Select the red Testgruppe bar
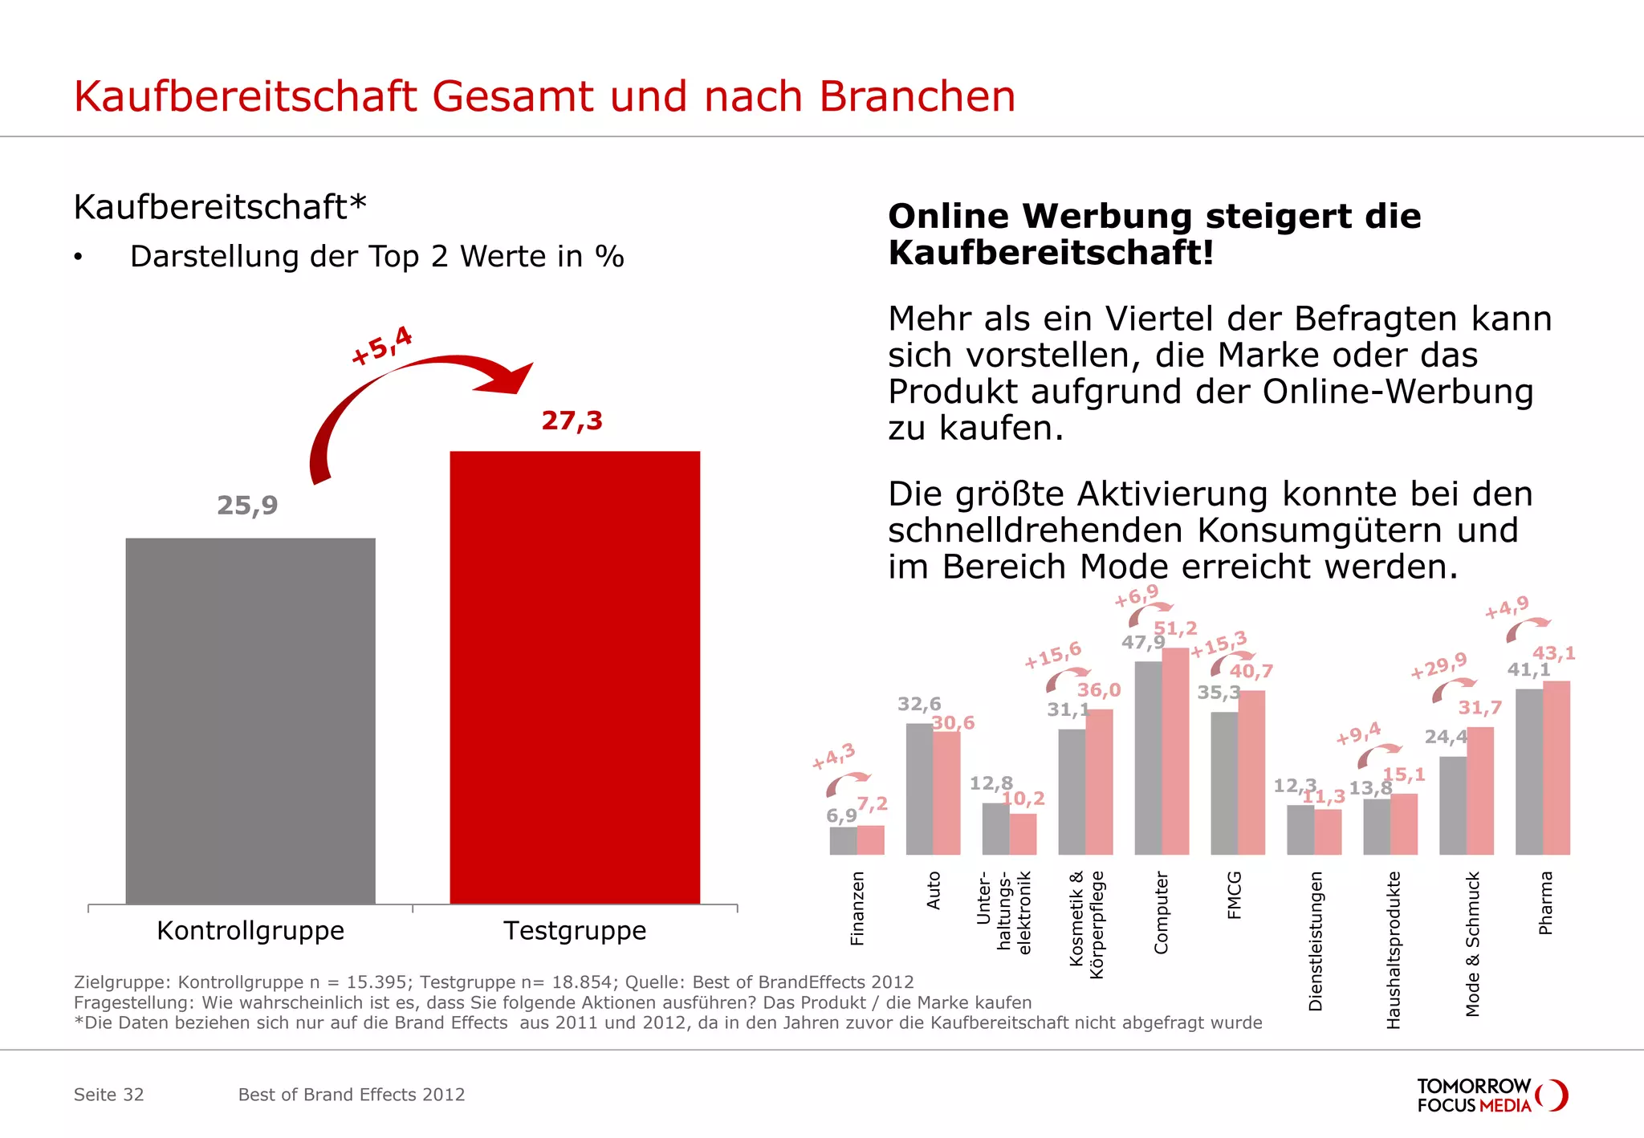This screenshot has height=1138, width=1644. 575,677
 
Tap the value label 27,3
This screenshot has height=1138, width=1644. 572,421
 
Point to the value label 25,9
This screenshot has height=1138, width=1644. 247,506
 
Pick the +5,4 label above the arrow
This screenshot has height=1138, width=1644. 382,345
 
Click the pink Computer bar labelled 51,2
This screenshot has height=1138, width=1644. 1175,750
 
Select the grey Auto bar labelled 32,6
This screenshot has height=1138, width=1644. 919,788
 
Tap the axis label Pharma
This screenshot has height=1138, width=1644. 1545,903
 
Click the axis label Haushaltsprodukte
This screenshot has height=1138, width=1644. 1394,950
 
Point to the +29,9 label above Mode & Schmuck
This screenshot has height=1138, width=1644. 1438,665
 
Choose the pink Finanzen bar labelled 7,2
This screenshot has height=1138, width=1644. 870,839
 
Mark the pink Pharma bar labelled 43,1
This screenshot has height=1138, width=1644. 1557,767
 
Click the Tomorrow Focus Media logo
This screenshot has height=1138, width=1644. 1491,1095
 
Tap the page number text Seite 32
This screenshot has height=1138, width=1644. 109,1095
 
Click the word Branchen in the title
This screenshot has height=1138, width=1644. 917,97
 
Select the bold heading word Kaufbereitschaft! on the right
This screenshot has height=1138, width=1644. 1050,253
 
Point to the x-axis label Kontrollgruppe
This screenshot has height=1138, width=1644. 250,931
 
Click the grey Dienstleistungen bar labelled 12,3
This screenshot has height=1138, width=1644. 1300,829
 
